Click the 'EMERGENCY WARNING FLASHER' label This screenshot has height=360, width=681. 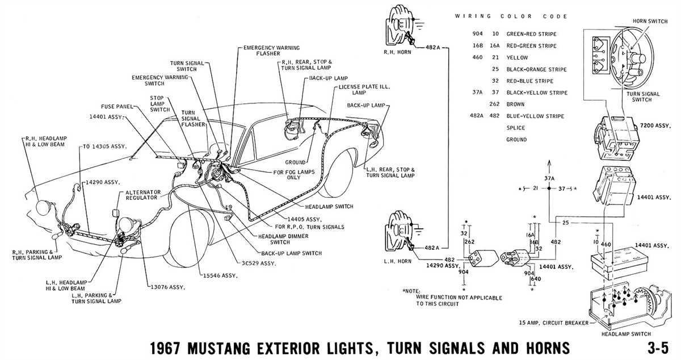pyautogui.click(x=271, y=52)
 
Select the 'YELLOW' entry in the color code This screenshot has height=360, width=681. pyautogui.click(x=517, y=57)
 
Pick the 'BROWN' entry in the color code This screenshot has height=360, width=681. pyautogui.click(x=516, y=104)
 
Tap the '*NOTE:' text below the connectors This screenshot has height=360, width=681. pyautogui.click(x=413, y=291)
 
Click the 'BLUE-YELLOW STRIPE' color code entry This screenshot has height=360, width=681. pyautogui.click(x=535, y=116)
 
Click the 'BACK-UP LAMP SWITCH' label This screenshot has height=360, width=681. pyautogui.click(x=291, y=253)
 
